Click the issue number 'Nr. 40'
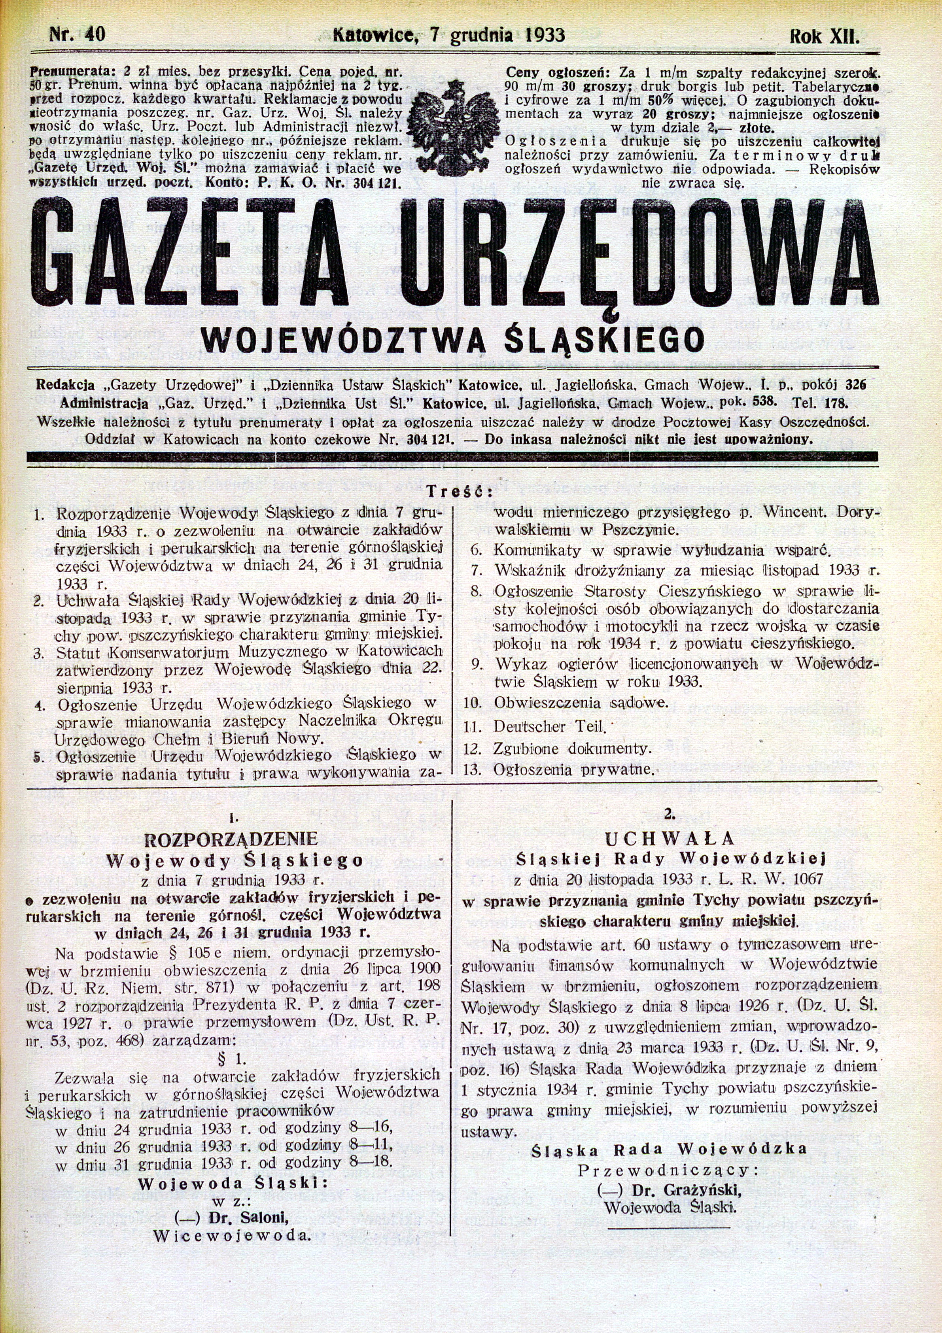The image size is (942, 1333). [x=77, y=34]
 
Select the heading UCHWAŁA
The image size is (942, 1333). [x=670, y=838]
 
